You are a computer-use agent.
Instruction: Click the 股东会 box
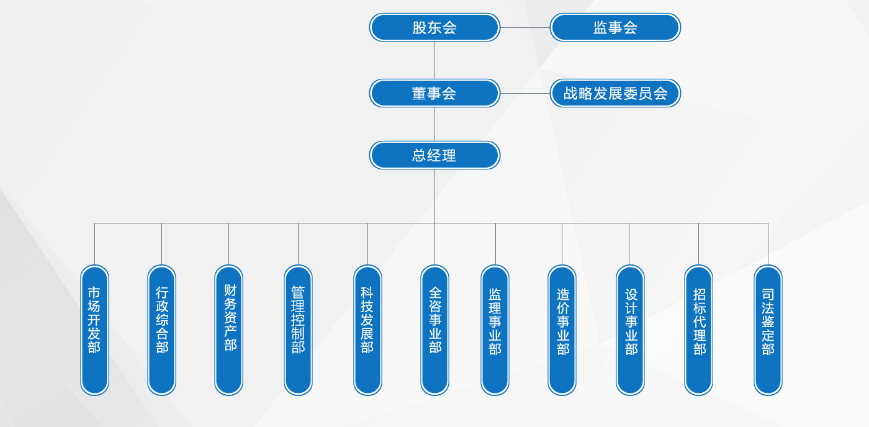point(434,27)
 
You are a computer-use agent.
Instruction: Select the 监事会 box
point(615,27)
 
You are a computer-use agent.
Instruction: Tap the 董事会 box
point(434,93)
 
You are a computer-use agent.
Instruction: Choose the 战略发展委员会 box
point(615,93)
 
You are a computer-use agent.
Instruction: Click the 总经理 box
point(434,155)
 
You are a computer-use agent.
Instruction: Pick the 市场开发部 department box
point(94,330)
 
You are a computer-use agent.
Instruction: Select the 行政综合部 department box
point(161,330)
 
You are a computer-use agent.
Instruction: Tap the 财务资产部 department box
point(228,330)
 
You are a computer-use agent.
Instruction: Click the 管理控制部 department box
point(298,330)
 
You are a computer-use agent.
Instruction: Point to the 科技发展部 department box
point(367,330)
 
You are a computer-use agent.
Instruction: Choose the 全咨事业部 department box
point(434,330)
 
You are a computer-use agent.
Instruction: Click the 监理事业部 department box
point(495,330)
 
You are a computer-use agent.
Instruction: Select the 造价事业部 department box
point(562,330)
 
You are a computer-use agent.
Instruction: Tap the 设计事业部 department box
point(630,330)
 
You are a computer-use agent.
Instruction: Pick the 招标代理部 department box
point(698,330)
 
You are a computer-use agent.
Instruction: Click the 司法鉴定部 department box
point(768,330)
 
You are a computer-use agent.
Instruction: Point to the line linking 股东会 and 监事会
point(525,27)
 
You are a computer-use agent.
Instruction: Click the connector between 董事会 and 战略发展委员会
point(525,93)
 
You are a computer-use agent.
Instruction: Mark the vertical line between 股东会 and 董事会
point(434,60)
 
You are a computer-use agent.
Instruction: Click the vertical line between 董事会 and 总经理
point(434,124)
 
